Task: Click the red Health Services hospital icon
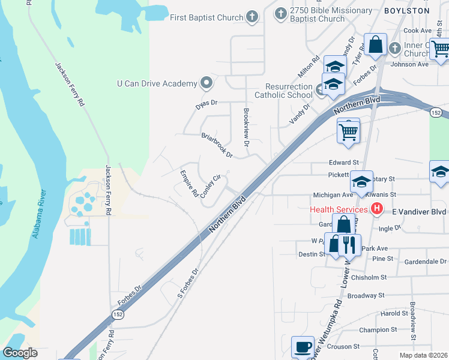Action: click(x=377, y=209)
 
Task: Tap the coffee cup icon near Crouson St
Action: click(x=303, y=347)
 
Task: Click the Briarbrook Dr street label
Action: click(x=217, y=145)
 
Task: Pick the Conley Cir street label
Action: click(x=211, y=187)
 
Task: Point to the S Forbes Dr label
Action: click(x=187, y=283)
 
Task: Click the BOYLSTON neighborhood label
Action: click(x=424, y=11)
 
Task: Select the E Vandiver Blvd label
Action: click(x=418, y=212)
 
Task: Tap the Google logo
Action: click(x=20, y=352)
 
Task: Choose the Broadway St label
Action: click(x=366, y=295)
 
